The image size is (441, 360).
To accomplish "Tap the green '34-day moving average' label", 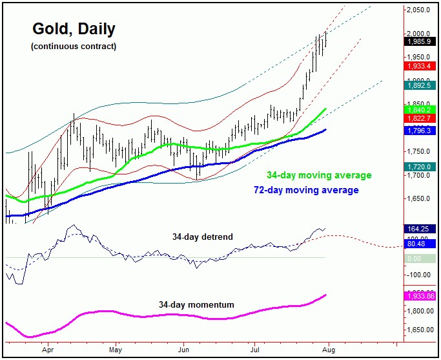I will click(x=319, y=175).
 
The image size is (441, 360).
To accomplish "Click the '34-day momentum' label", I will click(x=197, y=304).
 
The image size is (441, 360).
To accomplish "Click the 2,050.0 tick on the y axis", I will click(x=420, y=10).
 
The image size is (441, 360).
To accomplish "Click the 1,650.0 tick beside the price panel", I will click(x=420, y=199).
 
